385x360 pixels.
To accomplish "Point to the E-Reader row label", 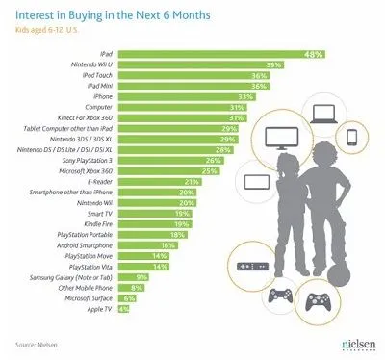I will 96,179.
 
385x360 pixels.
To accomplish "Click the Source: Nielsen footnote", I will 38,344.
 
